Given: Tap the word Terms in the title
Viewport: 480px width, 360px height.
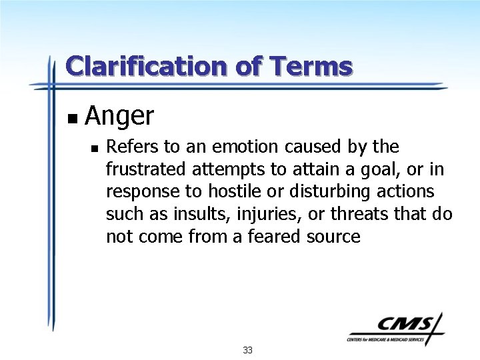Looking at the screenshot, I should [x=312, y=66].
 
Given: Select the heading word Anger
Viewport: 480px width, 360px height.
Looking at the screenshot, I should [x=119, y=117].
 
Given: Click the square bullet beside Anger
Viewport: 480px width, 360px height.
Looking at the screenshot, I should [x=72, y=119].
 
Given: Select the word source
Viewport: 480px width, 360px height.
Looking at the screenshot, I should [x=332, y=237].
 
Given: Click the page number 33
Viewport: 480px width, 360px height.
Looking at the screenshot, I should [x=247, y=350].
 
